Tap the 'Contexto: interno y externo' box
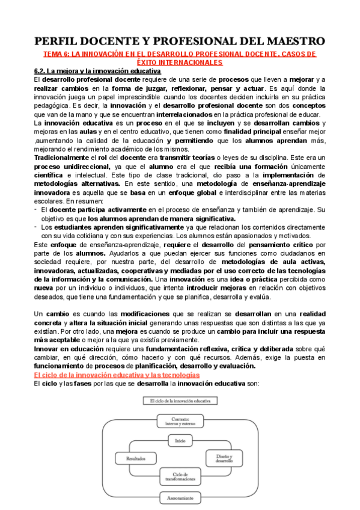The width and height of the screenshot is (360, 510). pos(180,422)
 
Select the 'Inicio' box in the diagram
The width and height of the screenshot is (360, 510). pos(180,441)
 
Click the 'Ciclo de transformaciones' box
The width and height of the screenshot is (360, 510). pos(180,478)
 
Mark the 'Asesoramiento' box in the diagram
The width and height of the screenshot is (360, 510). pos(180,498)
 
